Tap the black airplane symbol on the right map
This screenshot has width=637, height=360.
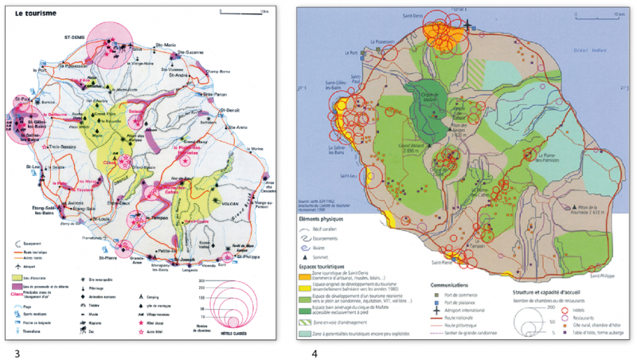pyautogui.click(x=468, y=25)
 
